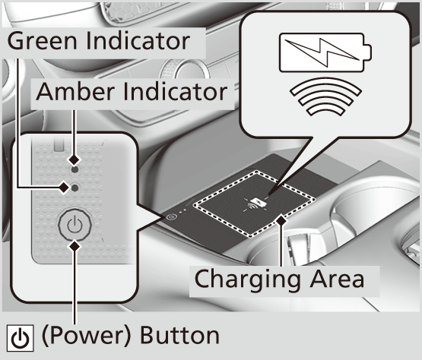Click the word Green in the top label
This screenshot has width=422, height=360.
(x=43, y=41)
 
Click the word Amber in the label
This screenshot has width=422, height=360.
(x=75, y=92)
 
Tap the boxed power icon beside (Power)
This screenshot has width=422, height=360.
(x=21, y=338)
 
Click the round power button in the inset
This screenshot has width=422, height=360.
(x=75, y=225)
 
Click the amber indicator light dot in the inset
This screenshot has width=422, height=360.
(x=75, y=170)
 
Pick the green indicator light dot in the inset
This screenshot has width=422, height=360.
(x=75, y=188)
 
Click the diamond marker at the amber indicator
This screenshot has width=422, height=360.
(x=75, y=159)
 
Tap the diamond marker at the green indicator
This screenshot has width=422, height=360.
(x=64, y=188)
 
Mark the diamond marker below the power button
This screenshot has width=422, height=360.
(x=75, y=246)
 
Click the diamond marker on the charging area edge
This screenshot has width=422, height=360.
(x=281, y=221)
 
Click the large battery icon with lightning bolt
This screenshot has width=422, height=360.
(x=325, y=52)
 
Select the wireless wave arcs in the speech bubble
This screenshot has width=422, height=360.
(x=326, y=96)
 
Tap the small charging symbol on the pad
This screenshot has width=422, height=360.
(x=254, y=204)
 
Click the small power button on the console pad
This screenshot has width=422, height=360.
(x=170, y=216)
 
